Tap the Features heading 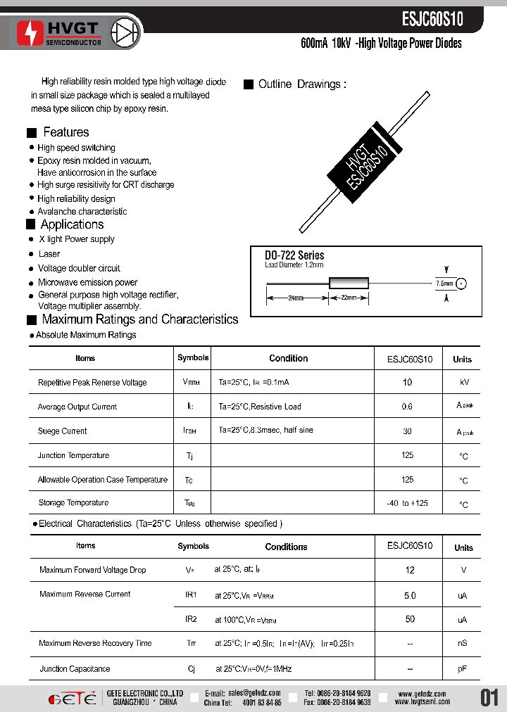pyautogui.click(x=65, y=132)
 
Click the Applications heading pyautogui.click(x=72, y=224)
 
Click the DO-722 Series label pyautogui.click(x=294, y=255)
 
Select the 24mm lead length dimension pyautogui.click(x=296, y=298)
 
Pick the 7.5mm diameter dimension pyautogui.click(x=445, y=283)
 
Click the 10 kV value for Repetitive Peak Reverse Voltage pyautogui.click(x=407, y=382)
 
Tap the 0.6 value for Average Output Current pyautogui.click(x=407, y=407)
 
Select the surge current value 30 pyautogui.click(x=407, y=431)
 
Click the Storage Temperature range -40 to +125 pyautogui.click(x=408, y=503)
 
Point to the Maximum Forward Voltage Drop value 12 pyautogui.click(x=410, y=571)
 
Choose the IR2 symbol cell pyautogui.click(x=191, y=619)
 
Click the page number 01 pyautogui.click(x=489, y=697)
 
